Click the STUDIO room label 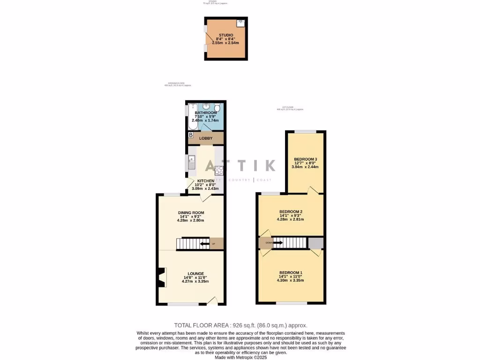[225, 35]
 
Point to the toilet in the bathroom [217, 107]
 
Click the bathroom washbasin [206, 106]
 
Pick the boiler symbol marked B [191, 135]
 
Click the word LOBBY [206, 138]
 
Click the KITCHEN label [206, 181]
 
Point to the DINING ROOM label [191, 213]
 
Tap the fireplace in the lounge [162, 277]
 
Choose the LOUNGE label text [196, 274]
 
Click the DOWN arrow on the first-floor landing [277, 243]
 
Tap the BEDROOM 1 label [291, 273]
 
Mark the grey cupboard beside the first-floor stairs [316, 243]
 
